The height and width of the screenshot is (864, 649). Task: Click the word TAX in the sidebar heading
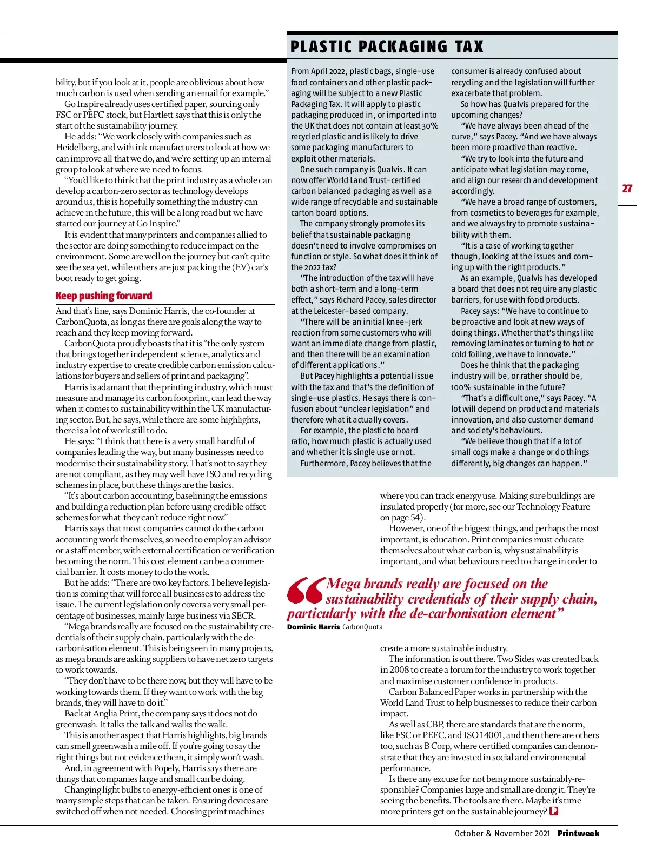tap(469, 47)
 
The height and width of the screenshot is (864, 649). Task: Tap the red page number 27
tap(627, 189)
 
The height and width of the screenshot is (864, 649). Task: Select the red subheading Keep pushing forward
tap(104, 296)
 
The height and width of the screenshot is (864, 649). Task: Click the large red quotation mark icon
tap(305, 591)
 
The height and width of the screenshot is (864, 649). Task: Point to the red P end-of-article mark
tap(554, 811)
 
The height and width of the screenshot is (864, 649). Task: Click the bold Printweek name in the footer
tap(578, 833)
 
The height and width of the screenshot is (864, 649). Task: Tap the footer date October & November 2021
tap(502, 833)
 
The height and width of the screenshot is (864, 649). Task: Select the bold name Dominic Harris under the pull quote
tap(313, 627)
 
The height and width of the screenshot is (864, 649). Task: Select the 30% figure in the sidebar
tap(430, 126)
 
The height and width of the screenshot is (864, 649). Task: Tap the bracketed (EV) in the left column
tap(241, 267)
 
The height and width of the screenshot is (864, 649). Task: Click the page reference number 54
tap(414, 518)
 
